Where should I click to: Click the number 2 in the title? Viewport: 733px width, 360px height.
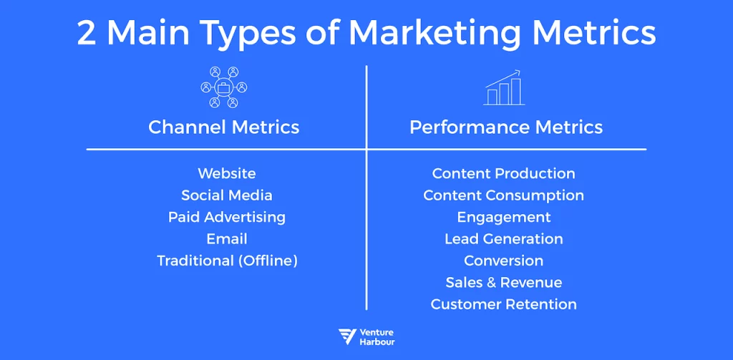tap(87, 34)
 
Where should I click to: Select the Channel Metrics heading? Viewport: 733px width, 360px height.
tap(223, 127)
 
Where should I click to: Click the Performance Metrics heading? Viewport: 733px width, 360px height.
tap(505, 127)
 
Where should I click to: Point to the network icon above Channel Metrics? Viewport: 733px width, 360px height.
tap(223, 88)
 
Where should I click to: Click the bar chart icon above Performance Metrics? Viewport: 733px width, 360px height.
tap(505, 88)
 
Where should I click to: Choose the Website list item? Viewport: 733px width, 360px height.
tap(226, 173)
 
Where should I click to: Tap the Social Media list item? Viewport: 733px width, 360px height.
tap(226, 195)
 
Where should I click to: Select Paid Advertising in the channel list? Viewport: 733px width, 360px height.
tap(226, 217)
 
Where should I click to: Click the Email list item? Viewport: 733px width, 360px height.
tap(226, 238)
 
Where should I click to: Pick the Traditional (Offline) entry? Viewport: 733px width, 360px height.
tap(226, 261)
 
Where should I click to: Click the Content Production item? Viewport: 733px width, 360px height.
tap(503, 173)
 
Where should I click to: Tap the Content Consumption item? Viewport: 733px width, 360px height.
tap(503, 195)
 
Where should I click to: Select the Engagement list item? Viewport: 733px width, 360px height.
tap(503, 217)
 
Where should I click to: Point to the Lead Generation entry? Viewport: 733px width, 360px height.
tap(503, 238)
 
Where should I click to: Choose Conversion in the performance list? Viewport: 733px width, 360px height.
tap(503, 261)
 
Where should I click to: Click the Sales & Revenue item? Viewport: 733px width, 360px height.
tap(503, 283)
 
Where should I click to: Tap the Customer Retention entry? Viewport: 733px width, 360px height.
tap(503, 304)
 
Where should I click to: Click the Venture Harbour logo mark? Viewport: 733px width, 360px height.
tap(348, 337)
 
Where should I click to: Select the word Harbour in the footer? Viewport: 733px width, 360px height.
tap(377, 342)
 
